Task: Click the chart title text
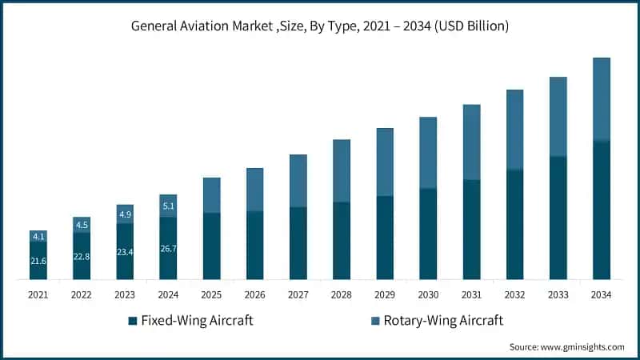320,26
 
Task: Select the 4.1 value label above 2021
38,237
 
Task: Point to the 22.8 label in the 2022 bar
82,257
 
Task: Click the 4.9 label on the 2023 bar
125,214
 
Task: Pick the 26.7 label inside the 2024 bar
168,249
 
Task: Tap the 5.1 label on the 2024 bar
168,206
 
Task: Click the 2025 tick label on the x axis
211,294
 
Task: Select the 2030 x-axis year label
428,294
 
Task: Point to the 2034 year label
601,294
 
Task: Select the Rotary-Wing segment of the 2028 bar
342,170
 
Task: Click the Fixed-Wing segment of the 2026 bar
254,245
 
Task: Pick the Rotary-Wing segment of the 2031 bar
471,142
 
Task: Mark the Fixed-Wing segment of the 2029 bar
385,238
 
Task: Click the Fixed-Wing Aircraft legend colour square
132,322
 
